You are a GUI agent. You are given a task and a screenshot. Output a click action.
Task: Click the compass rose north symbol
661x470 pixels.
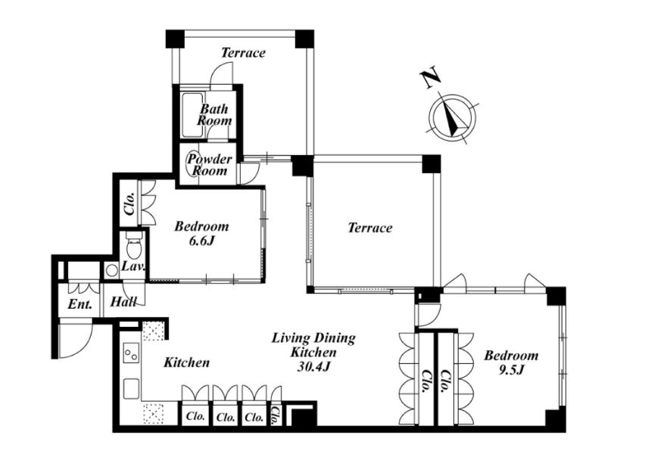[452, 117]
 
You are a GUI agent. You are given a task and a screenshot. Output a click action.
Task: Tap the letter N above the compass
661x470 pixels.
[430, 79]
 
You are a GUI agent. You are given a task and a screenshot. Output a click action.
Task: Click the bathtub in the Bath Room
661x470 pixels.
[192, 114]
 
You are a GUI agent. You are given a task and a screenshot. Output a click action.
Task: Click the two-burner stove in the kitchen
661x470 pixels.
[131, 351]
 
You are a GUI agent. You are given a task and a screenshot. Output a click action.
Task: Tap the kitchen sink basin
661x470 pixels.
[131, 388]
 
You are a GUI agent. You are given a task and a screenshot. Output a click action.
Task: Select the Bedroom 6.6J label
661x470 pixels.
[201, 233]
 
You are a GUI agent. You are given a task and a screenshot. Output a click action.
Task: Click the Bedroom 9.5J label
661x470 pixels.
[511, 363]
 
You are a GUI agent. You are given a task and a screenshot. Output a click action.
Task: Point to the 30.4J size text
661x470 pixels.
[313, 367]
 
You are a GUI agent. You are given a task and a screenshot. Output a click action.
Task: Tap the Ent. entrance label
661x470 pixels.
[80, 304]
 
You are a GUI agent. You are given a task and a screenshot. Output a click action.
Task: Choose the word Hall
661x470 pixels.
[123, 302]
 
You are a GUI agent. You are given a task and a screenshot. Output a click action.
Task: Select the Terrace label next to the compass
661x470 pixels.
[369, 228]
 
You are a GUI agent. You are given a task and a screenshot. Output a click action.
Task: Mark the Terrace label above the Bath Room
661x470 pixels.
[243, 53]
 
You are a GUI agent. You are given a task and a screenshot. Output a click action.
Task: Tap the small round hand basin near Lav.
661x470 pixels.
[111, 270]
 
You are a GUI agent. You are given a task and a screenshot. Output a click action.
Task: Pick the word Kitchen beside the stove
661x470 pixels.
[186, 363]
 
